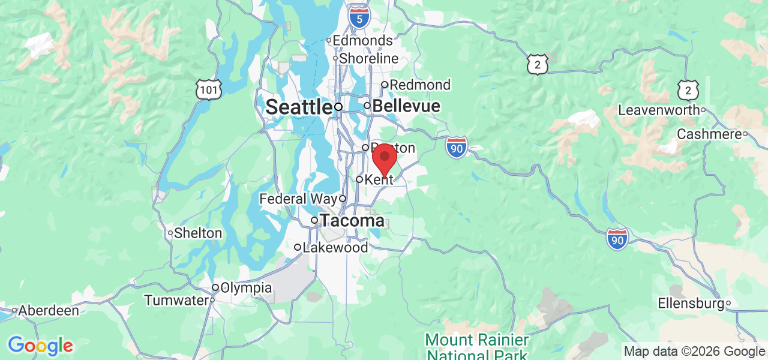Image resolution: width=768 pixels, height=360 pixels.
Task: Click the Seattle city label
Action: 299,107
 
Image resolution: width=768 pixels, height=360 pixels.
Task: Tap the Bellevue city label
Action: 406,106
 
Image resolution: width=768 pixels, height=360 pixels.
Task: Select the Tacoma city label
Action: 352,220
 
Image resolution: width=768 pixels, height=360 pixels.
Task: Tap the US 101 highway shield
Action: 208,90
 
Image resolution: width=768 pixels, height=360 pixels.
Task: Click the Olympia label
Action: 246,288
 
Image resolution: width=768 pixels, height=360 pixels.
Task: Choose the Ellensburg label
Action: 691,304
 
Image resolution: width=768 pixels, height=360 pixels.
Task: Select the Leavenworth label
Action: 659,110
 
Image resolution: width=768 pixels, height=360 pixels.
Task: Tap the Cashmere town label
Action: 709,134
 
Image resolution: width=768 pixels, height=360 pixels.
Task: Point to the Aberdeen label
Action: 49,311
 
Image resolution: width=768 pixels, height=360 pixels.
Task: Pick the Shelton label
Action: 198,233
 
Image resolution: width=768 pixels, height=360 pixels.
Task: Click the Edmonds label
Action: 362,41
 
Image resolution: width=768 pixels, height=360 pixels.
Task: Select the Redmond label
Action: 420,85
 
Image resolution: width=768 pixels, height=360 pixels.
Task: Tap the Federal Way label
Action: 298,199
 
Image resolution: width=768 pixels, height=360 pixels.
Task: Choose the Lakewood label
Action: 335,247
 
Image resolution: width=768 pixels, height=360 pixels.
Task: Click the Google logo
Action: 40,346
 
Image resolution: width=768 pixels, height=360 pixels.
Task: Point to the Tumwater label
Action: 176,300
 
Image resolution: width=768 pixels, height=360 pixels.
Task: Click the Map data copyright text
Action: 694,352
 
